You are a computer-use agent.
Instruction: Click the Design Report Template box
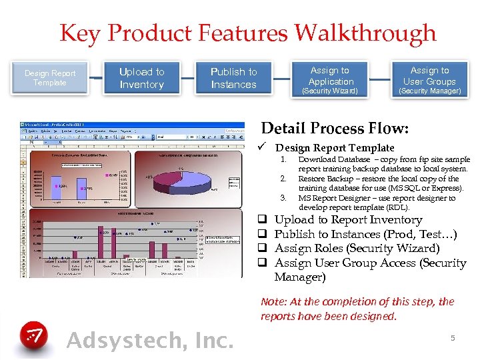51,78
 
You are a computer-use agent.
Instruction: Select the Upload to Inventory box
141,78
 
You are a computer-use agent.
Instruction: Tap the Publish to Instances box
233,78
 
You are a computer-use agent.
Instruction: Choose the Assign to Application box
330,78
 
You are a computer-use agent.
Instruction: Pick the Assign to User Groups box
429,78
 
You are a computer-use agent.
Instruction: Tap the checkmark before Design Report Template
265,147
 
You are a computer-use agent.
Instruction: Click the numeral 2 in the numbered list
283,179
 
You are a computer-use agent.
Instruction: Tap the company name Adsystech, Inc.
150,340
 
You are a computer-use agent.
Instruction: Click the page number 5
452,338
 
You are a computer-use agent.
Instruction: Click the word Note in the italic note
272,301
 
